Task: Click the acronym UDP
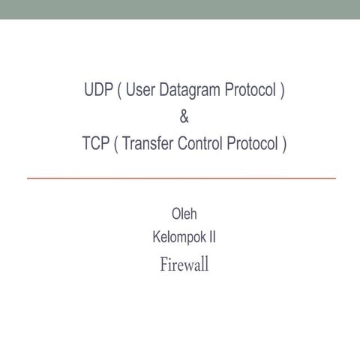pyautogui.click(x=97, y=91)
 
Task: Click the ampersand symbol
pyautogui.click(x=184, y=117)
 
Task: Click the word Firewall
pyautogui.click(x=184, y=265)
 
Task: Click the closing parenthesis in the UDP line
pyautogui.click(x=282, y=91)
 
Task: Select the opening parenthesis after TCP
pyautogui.click(x=115, y=142)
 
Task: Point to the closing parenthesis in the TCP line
pyautogui.click(x=284, y=142)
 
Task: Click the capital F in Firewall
pyautogui.click(x=163, y=265)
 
